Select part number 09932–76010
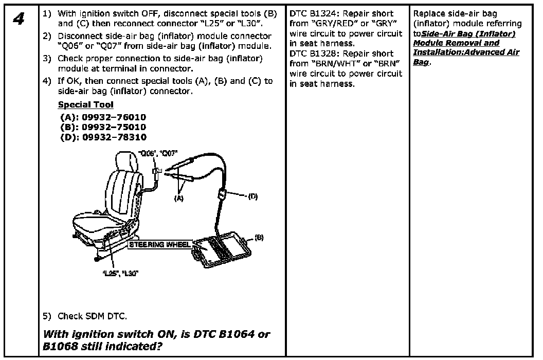[114, 117]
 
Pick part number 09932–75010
[114, 127]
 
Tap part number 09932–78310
[114, 137]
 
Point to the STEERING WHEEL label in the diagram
[159, 244]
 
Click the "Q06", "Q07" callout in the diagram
[158, 153]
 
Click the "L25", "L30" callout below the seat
[119, 273]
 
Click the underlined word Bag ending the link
[421, 62]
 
